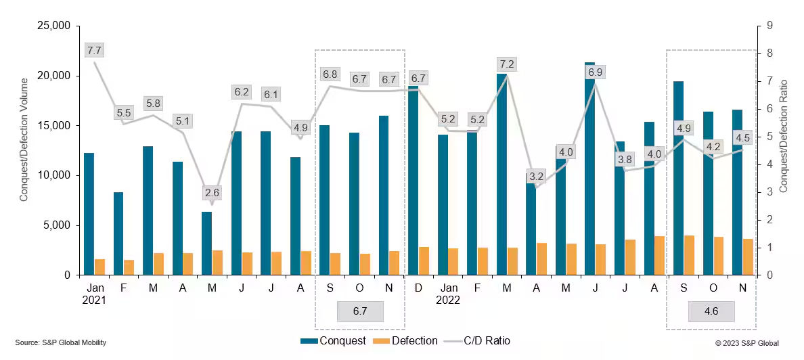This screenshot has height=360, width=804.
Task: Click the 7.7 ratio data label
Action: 94,50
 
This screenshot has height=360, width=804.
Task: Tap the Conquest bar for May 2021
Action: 206,243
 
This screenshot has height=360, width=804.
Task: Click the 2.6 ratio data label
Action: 212,193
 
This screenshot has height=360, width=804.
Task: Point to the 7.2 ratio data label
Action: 507,64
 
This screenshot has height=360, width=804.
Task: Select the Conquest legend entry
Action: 333,340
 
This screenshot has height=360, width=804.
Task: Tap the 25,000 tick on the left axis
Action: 57,26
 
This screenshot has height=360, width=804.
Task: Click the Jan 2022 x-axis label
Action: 447,294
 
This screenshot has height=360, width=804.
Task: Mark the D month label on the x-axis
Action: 418,288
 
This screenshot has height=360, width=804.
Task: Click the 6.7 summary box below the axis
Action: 360,312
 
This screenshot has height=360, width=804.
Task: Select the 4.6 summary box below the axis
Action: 711,312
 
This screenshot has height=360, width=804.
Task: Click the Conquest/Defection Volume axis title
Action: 24,151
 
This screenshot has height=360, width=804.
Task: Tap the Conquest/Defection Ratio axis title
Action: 784,151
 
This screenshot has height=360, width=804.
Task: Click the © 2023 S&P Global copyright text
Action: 747,343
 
